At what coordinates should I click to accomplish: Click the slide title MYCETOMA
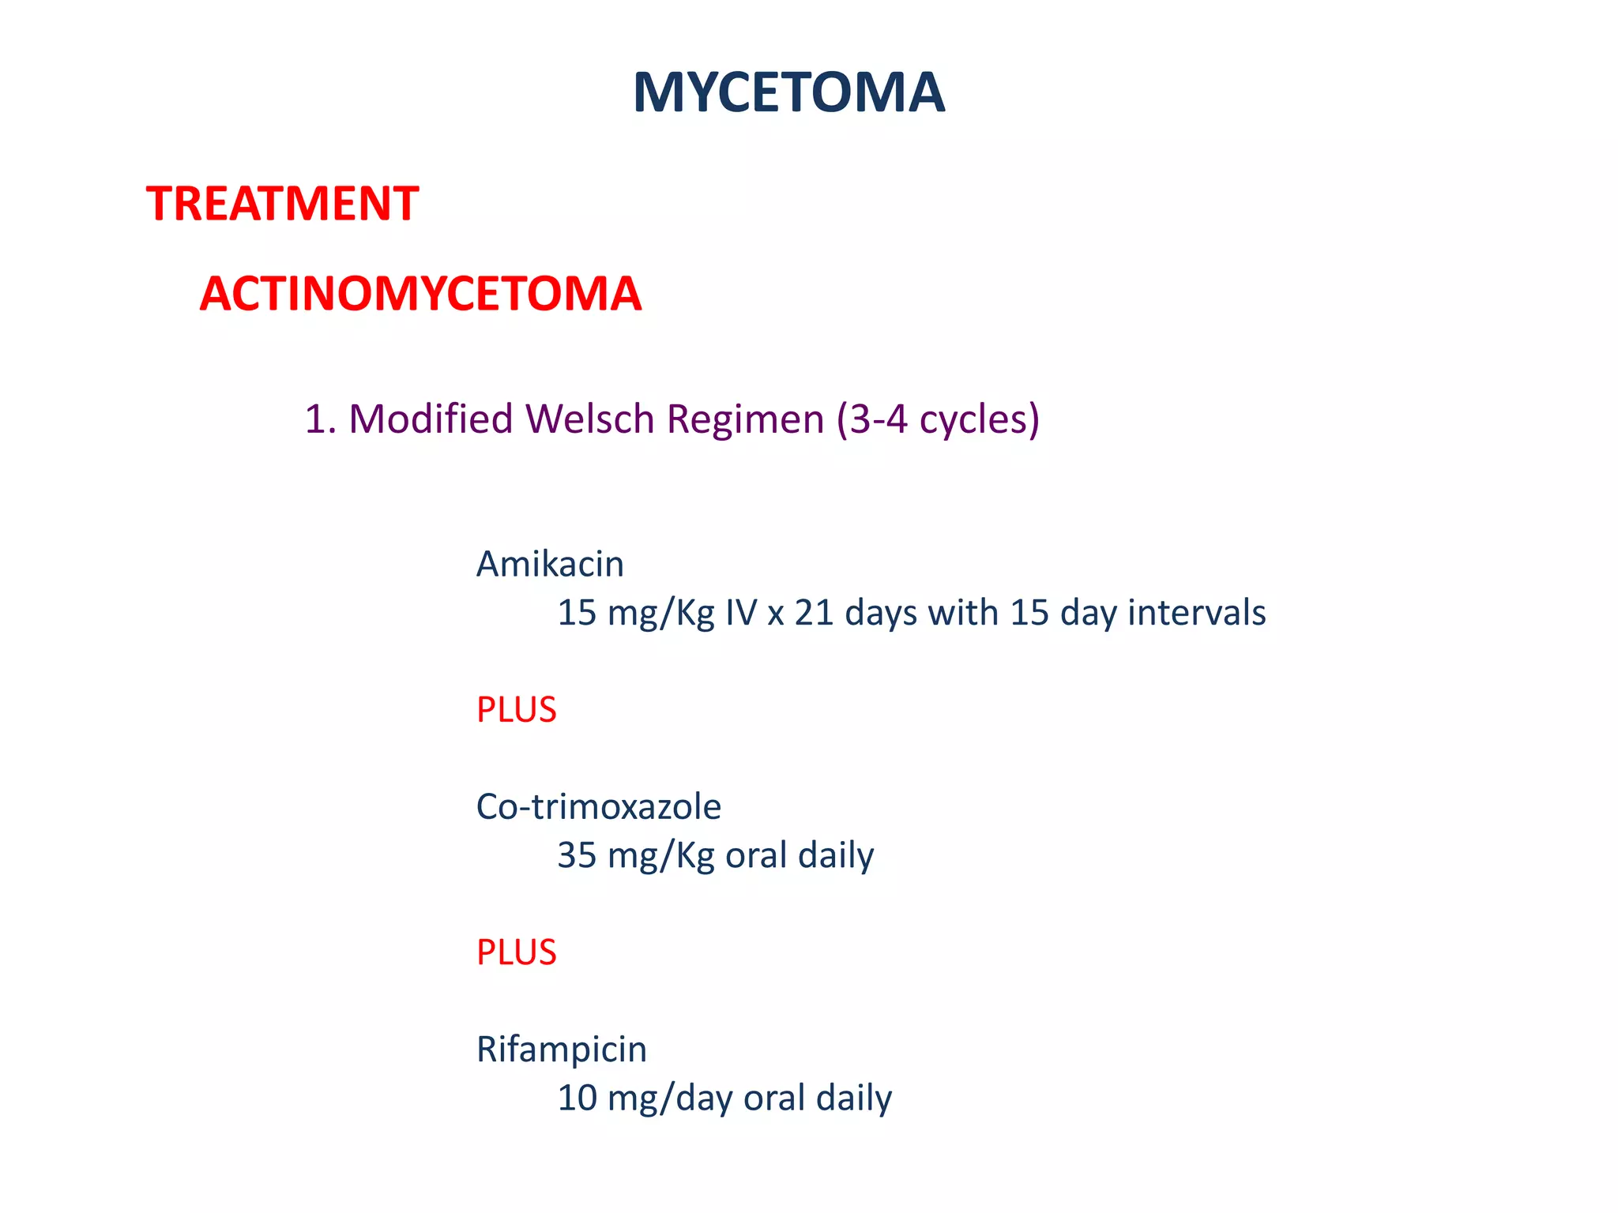[x=788, y=93]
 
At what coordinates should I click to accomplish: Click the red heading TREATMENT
[x=282, y=204]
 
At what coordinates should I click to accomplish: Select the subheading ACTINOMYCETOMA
[x=420, y=294]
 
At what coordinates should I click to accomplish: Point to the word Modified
[x=431, y=419]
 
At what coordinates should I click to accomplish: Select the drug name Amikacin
[x=550, y=564]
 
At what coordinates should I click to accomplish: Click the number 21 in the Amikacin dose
[x=814, y=613]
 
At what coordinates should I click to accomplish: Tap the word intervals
[x=1196, y=613]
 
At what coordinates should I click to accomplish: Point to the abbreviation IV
[x=741, y=613]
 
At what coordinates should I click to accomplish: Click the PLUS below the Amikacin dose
[x=516, y=710]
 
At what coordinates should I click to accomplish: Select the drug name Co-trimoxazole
[x=598, y=806]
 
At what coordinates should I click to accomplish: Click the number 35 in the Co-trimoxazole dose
[x=577, y=855]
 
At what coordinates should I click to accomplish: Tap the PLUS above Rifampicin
[x=516, y=952]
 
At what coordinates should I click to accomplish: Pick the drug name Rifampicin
[x=561, y=1050]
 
